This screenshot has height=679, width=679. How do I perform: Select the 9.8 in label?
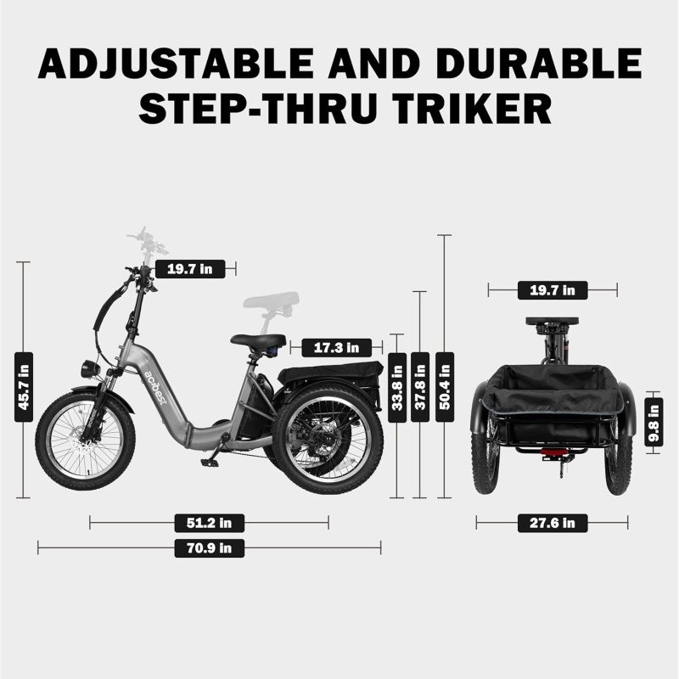(x=654, y=423)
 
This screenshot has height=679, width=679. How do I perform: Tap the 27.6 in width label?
(x=552, y=523)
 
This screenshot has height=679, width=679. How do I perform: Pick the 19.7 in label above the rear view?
(x=552, y=290)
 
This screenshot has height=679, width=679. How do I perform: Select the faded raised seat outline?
(x=273, y=300)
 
